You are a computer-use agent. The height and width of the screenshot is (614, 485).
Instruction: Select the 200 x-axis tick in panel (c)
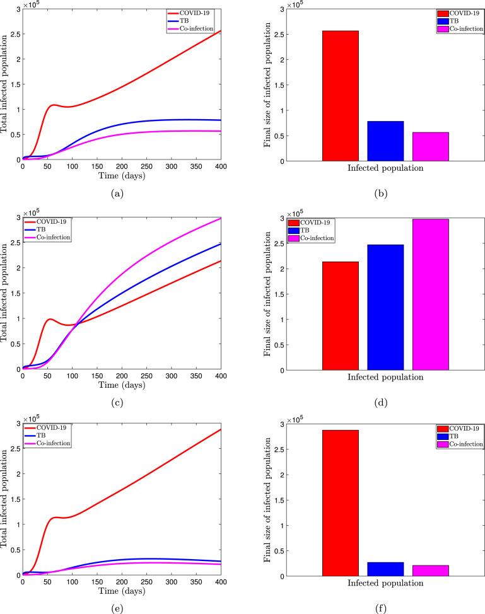[122, 376]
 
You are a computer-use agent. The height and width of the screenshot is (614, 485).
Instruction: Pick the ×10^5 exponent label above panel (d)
[295, 214]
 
